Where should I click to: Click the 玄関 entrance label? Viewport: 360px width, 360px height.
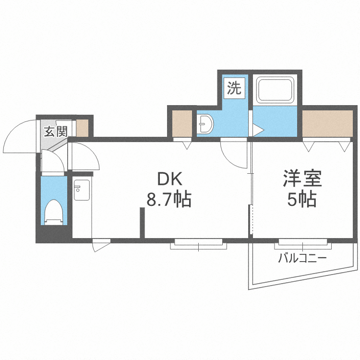pos(56,131)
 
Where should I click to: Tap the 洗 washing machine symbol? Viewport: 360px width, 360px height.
pos(234,88)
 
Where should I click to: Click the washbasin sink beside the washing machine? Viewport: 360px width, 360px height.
pos(206,125)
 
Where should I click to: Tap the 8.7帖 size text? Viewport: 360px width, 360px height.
pos(169,199)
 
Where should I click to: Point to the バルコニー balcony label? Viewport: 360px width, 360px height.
pos(302,259)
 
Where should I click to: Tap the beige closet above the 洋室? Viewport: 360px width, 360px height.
pos(327,123)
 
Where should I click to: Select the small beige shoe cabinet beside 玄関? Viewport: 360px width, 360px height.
pos(82,128)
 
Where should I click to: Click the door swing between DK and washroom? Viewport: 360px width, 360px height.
pos(231,153)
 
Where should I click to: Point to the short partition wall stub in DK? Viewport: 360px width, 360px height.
pos(142,222)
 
